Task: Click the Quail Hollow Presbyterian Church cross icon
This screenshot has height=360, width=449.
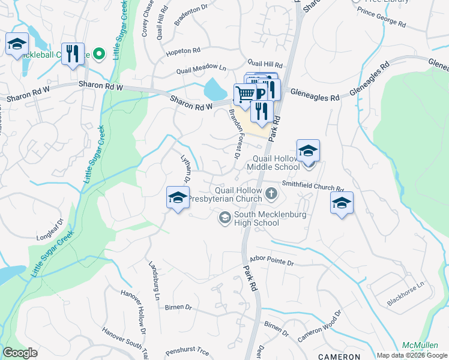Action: tap(271, 193)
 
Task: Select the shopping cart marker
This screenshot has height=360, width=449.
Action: tap(245, 94)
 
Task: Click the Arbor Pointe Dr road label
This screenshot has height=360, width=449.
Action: tap(270, 263)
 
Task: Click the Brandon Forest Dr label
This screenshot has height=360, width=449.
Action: tap(233, 134)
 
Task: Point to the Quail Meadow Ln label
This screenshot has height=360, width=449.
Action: tap(201, 70)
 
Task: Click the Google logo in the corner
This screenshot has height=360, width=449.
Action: tap(20, 353)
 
